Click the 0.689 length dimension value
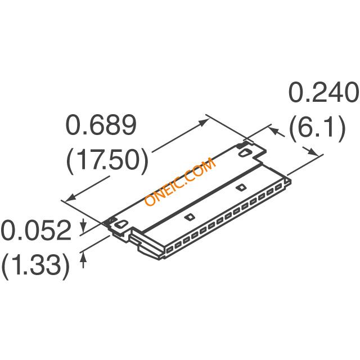(102, 126)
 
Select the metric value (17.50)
(107, 161)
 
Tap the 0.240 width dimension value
(323, 94)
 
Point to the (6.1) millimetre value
(317, 129)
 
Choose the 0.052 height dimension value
(36, 231)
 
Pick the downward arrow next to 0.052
(84, 227)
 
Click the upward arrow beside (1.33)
(84, 257)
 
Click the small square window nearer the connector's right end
(241, 187)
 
